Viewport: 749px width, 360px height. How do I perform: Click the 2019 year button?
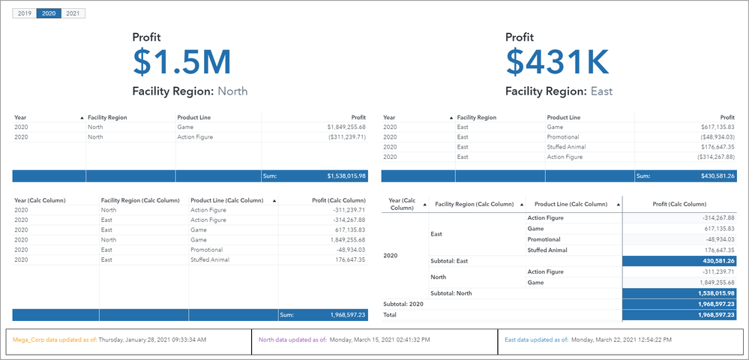click(25, 13)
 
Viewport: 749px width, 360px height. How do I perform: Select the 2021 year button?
click(73, 13)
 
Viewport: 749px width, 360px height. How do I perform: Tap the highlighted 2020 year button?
click(49, 13)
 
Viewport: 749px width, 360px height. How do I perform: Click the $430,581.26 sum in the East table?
click(713, 176)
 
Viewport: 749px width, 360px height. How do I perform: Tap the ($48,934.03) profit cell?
click(713, 138)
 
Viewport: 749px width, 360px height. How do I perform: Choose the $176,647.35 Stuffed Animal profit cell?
click(713, 148)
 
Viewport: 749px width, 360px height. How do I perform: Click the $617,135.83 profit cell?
click(713, 127)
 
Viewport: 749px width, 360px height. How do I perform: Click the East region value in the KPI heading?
click(601, 91)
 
